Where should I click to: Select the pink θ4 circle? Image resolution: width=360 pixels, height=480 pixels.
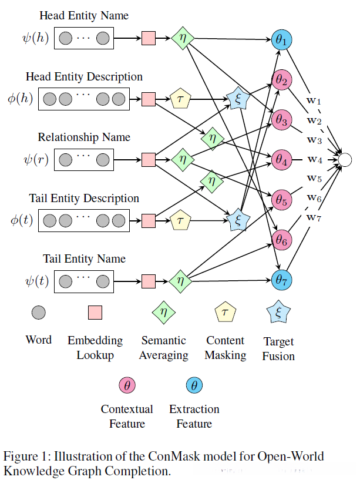pos(281,159)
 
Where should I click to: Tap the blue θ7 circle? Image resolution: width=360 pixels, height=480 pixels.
pos(281,280)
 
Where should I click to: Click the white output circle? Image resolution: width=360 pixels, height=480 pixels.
pos(345,159)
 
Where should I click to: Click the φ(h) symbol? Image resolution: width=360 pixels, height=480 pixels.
pos(21,98)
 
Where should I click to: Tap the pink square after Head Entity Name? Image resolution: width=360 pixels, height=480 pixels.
pos(149,39)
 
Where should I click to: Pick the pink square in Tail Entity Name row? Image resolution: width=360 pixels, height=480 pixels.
pos(149,280)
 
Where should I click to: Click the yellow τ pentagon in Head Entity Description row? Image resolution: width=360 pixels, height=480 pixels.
pos(180,98)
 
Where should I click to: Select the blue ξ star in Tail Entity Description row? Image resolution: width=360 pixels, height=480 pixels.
pos(237,220)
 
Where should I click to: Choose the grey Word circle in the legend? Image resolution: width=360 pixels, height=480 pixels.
pos(39,312)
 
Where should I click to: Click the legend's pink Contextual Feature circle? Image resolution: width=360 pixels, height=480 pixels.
pos(127,385)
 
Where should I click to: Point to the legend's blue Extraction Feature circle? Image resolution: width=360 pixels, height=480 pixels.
pos(194,385)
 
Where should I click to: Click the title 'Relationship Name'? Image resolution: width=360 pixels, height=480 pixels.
pos(84,137)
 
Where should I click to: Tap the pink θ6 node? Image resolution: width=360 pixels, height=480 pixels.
pos(281,239)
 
